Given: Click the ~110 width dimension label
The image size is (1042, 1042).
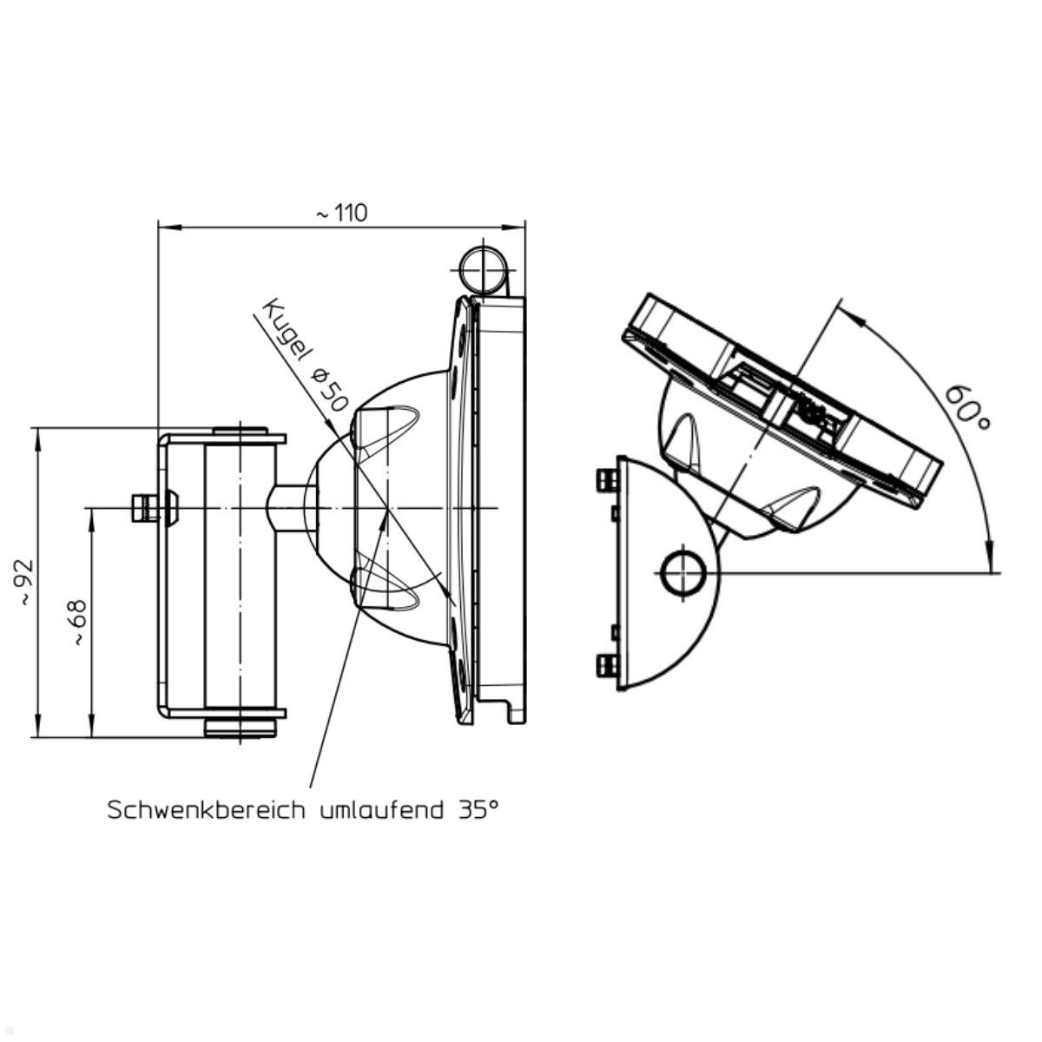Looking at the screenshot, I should [340, 213].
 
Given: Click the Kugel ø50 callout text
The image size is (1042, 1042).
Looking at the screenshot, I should [305, 356].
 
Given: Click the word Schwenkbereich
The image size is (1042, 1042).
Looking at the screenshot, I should [206, 810].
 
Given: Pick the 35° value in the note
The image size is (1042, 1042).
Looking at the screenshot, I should [478, 809].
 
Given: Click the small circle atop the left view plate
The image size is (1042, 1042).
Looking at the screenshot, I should [484, 268].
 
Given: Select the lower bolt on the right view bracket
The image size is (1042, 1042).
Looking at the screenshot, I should [605, 666].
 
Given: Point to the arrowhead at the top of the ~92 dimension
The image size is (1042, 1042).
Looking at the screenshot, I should [37, 435].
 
